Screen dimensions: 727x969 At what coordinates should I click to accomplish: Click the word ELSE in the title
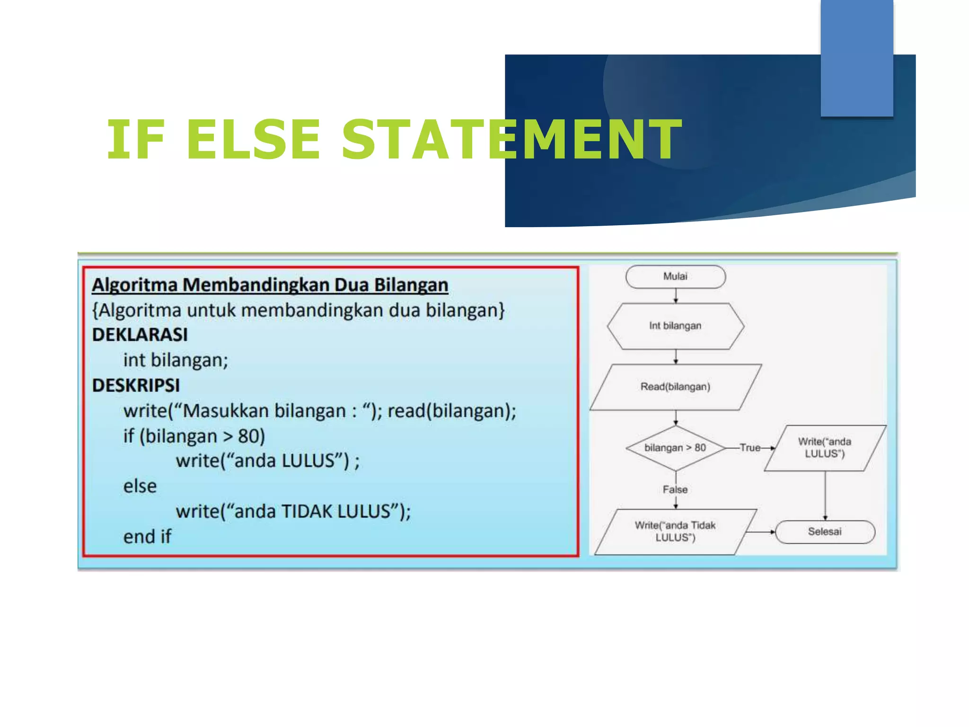tap(254, 140)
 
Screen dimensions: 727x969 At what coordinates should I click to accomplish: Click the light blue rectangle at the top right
tap(856, 58)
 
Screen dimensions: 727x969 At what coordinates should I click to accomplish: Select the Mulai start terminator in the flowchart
tap(675, 276)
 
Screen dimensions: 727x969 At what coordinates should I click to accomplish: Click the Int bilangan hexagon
tap(675, 326)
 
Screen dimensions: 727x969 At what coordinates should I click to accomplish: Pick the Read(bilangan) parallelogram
tap(675, 387)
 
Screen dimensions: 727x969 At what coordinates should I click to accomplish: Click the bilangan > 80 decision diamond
tap(675, 448)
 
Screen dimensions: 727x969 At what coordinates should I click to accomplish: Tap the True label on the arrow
tap(750, 448)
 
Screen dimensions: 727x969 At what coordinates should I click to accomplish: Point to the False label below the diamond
tap(675, 489)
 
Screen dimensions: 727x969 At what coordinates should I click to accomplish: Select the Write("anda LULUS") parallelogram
tap(825, 448)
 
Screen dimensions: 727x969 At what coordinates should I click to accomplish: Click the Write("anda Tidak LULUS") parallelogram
tap(675, 532)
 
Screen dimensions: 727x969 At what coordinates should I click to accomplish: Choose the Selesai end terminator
tap(825, 532)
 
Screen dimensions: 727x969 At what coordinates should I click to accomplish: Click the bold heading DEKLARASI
tap(140, 335)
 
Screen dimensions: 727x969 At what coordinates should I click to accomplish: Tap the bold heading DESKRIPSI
tap(136, 386)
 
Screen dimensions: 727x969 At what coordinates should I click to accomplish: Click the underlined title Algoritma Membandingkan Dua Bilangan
tap(270, 285)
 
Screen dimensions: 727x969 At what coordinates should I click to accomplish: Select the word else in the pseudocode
tap(140, 487)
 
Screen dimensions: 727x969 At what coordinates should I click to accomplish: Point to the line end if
tap(147, 537)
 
